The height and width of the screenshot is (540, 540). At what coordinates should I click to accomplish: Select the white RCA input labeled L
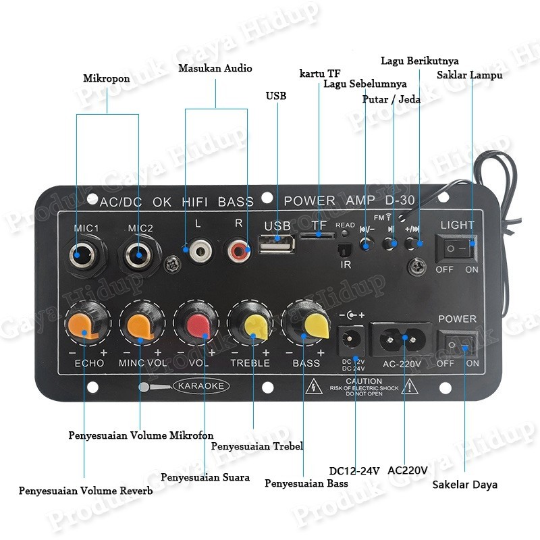[x=198, y=252]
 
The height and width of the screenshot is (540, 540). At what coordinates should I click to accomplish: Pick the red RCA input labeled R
[x=238, y=252]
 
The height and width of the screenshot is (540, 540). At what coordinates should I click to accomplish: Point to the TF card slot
[x=317, y=235]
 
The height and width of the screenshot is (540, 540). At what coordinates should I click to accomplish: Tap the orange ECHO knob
[x=86, y=325]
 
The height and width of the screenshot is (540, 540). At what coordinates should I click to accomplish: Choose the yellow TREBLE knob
[x=253, y=325]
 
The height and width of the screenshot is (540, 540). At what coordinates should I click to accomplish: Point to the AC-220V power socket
[x=405, y=336]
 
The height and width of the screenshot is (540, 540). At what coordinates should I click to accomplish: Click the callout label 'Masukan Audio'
[x=215, y=68]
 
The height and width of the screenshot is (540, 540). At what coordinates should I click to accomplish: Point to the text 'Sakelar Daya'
[x=465, y=484]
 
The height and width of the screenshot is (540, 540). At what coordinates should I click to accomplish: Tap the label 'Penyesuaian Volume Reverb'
[x=86, y=491]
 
